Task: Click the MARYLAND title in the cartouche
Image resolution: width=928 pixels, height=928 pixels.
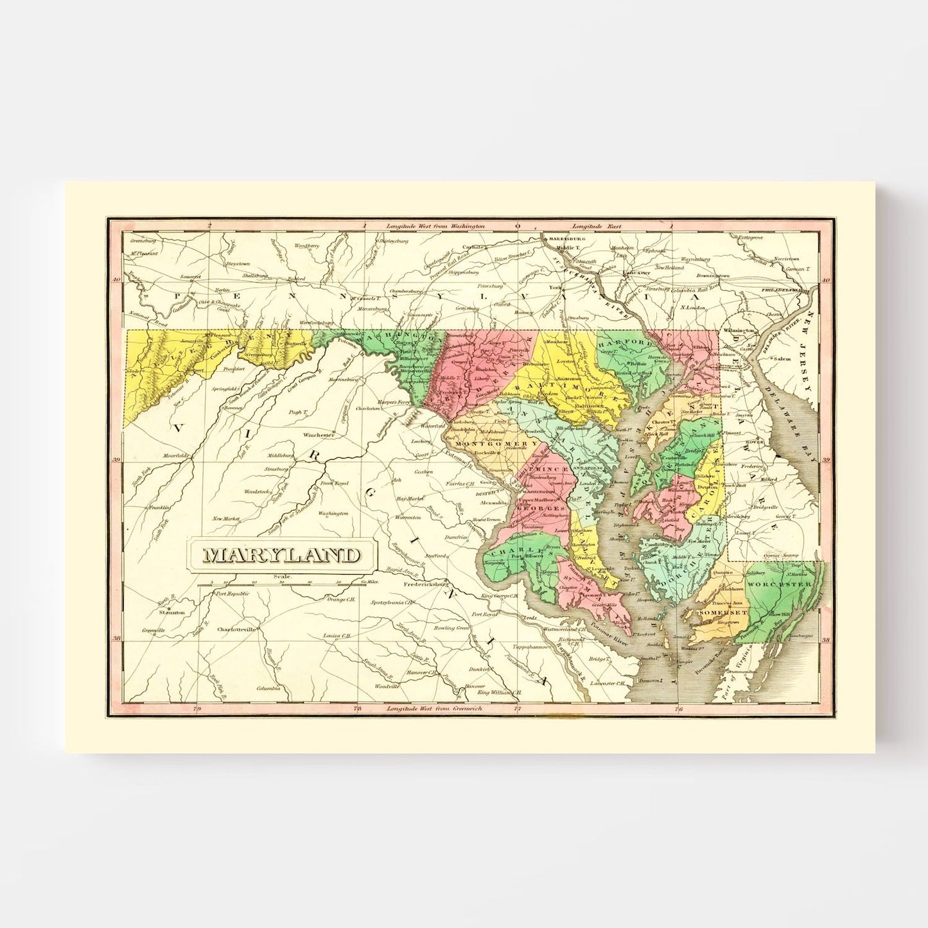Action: [x=282, y=555]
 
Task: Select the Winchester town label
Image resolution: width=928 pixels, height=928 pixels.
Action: [x=319, y=435]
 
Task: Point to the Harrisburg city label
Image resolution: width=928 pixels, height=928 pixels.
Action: [x=565, y=238]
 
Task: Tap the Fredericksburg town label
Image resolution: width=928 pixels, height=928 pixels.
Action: [x=425, y=585]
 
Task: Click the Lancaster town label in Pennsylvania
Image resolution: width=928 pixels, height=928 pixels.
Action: [x=636, y=272]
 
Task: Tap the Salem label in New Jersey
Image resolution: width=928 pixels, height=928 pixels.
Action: [x=782, y=359]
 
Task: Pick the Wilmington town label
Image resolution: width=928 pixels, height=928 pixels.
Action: [x=737, y=330]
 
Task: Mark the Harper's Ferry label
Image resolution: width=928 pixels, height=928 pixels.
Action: [x=393, y=402]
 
